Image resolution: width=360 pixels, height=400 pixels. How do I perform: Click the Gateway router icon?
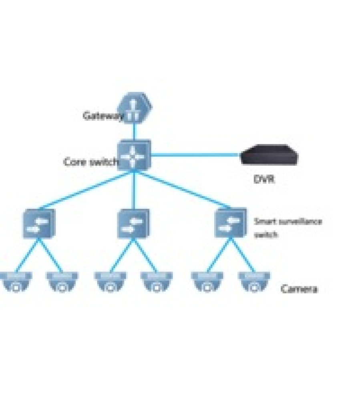point(135,108)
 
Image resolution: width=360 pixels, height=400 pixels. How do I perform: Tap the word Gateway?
point(103,116)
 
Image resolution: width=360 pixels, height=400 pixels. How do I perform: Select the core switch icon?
point(134,155)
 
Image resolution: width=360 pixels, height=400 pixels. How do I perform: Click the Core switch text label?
point(91,162)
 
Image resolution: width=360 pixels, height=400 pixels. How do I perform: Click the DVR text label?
point(264,179)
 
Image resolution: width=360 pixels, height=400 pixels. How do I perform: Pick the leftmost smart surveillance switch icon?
point(38,224)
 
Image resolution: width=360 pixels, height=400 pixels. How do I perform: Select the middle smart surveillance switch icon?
point(133,224)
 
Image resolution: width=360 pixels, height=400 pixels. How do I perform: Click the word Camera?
point(299,289)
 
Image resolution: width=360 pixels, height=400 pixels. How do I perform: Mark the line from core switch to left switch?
point(86,190)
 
